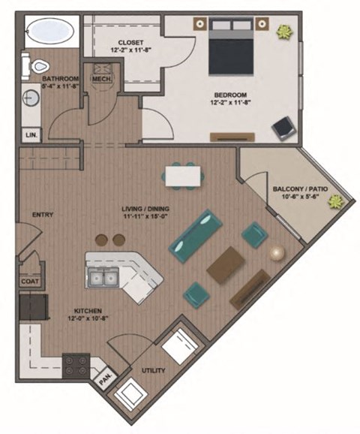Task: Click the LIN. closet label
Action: pyautogui.click(x=31, y=135)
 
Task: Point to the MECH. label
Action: pyautogui.click(x=100, y=78)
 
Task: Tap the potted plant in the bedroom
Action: pyautogui.click(x=285, y=32)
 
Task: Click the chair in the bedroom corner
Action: pyautogui.click(x=283, y=128)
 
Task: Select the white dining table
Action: pyautogui.click(x=182, y=175)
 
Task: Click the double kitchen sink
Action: pyautogui.click(x=103, y=279)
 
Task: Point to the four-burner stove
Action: pyautogui.click(x=76, y=366)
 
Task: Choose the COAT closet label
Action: pyautogui.click(x=30, y=281)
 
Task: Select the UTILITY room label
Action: pyautogui.click(x=154, y=370)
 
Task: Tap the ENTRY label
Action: pyautogui.click(x=42, y=215)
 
